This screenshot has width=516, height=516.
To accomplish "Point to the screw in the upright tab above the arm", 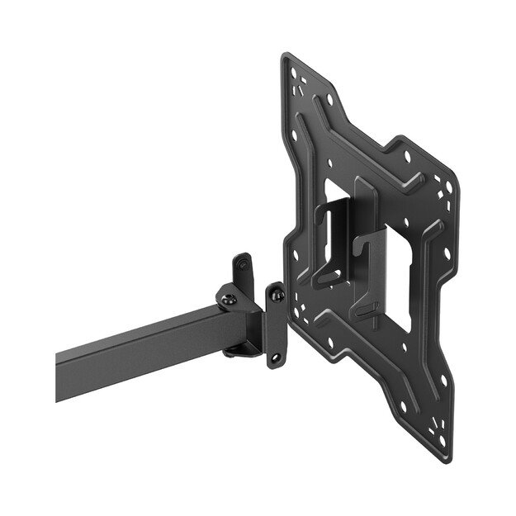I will [241, 263].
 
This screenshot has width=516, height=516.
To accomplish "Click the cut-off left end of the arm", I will [59, 376].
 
